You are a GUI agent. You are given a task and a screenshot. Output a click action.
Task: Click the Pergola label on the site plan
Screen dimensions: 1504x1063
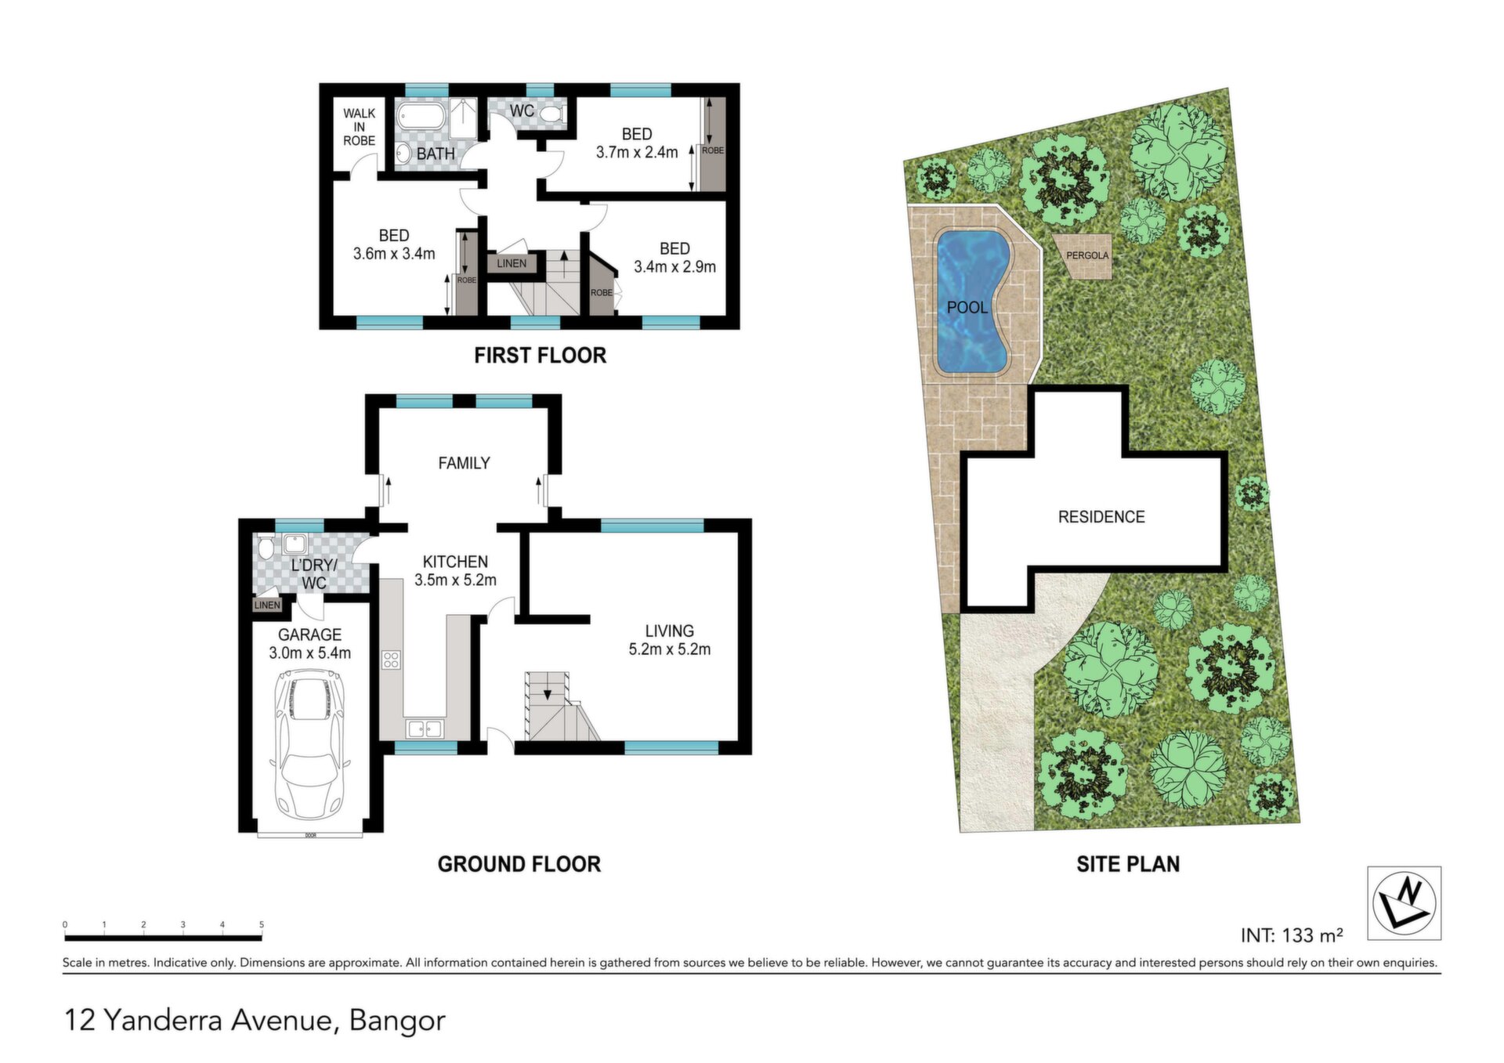point(1087,255)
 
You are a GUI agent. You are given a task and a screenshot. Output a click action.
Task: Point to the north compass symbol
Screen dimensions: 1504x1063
point(1404,902)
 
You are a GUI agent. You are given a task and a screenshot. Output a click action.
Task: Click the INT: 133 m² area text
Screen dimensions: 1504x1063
point(1292,935)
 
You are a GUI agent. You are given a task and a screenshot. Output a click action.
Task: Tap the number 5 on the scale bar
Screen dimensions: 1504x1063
point(262,924)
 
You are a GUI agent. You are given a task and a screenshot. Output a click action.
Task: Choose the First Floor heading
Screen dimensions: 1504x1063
point(540,356)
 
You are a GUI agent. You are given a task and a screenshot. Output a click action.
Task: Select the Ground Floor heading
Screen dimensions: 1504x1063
point(519,864)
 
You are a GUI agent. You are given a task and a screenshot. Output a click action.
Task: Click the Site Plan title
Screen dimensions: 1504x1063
point(1128,864)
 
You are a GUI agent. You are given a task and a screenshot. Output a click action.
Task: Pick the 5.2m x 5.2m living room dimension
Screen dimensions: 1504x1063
point(670,649)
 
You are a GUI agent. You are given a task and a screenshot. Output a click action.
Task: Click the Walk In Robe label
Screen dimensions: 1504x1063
point(360,127)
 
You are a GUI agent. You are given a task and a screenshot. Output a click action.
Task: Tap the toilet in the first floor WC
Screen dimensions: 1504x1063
point(552,114)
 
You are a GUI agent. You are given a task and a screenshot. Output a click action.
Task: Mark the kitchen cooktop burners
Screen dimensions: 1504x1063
point(391,660)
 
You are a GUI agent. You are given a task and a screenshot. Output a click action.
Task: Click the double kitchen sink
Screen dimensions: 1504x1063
point(425,729)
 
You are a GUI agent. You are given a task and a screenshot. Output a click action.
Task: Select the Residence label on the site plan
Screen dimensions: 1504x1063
point(1101,517)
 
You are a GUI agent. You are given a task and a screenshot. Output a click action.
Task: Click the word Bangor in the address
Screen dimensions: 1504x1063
point(397,1021)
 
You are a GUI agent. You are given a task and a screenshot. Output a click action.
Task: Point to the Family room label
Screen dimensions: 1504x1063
point(464,464)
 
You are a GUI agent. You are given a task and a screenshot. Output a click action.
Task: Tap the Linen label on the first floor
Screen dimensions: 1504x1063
point(512,263)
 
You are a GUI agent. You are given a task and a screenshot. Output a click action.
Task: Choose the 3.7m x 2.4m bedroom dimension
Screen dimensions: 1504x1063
point(637,153)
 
